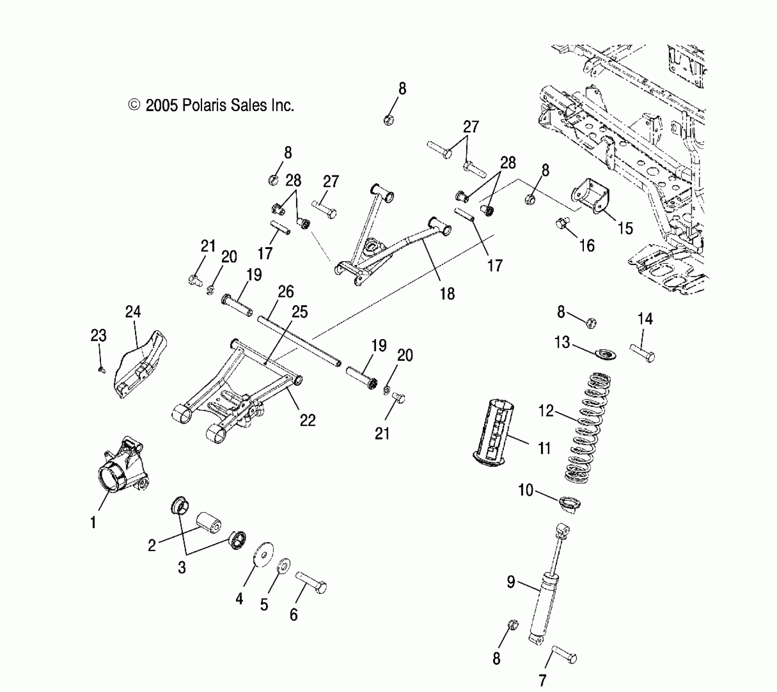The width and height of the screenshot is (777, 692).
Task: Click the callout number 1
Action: pos(93,522)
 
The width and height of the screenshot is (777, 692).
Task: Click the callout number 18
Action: pos(447,293)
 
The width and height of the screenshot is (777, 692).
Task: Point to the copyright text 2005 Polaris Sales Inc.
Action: pos(211,106)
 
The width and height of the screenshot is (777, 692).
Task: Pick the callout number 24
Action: pos(133,312)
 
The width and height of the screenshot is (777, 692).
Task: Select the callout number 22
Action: pos(308,420)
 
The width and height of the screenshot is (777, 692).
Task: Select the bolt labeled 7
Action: pos(564,656)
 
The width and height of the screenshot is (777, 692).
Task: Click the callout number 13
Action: pos(562,342)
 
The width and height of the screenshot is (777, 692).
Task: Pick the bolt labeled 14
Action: pos(643,353)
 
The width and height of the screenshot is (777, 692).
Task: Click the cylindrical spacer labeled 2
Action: pos(209,522)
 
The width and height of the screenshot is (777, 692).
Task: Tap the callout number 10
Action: pos(526,490)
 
